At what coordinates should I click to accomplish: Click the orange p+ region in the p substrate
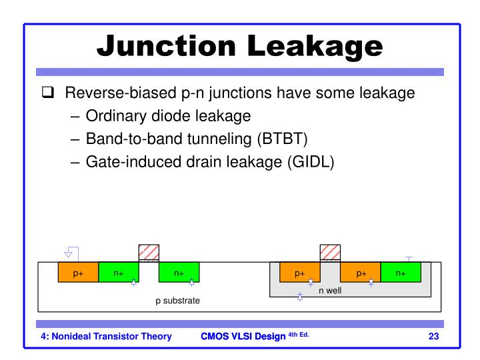[x=78, y=273]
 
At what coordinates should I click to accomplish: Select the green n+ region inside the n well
[x=401, y=273]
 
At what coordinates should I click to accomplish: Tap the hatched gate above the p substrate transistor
[x=149, y=253]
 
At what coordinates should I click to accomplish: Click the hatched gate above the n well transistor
[x=331, y=253]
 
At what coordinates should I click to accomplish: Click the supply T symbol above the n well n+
[x=409, y=257]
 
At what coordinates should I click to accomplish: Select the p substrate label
[x=177, y=301]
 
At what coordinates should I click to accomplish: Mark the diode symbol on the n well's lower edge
[x=300, y=297]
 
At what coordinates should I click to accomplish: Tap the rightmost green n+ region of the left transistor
[x=179, y=273]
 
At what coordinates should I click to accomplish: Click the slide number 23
[x=433, y=336]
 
